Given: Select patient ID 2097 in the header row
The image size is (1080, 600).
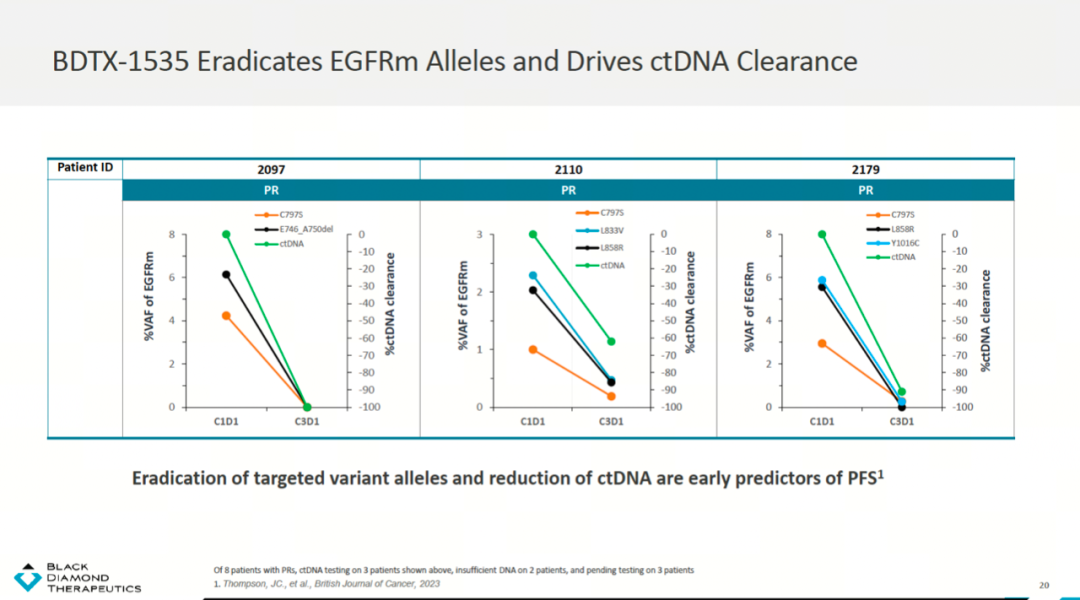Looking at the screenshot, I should tap(271, 169).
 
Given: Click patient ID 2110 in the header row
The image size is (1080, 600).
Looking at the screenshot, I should tap(568, 169).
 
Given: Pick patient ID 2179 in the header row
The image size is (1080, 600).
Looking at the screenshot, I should tap(866, 169).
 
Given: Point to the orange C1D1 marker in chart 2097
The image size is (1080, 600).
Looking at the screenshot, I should tap(226, 316).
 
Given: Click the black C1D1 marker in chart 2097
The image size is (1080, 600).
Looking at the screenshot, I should tap(226, 275).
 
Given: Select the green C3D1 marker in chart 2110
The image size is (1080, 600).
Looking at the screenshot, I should tap(611, 342).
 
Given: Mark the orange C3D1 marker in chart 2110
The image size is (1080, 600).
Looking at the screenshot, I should tap(611, 396).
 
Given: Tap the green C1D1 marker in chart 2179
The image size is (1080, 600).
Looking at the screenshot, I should tap(822, 234).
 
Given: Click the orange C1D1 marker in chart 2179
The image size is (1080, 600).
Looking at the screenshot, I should tap(822, 343).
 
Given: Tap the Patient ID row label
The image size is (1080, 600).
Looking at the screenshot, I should tap(85, 167).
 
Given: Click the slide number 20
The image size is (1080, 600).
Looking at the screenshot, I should tap(1044, 584).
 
